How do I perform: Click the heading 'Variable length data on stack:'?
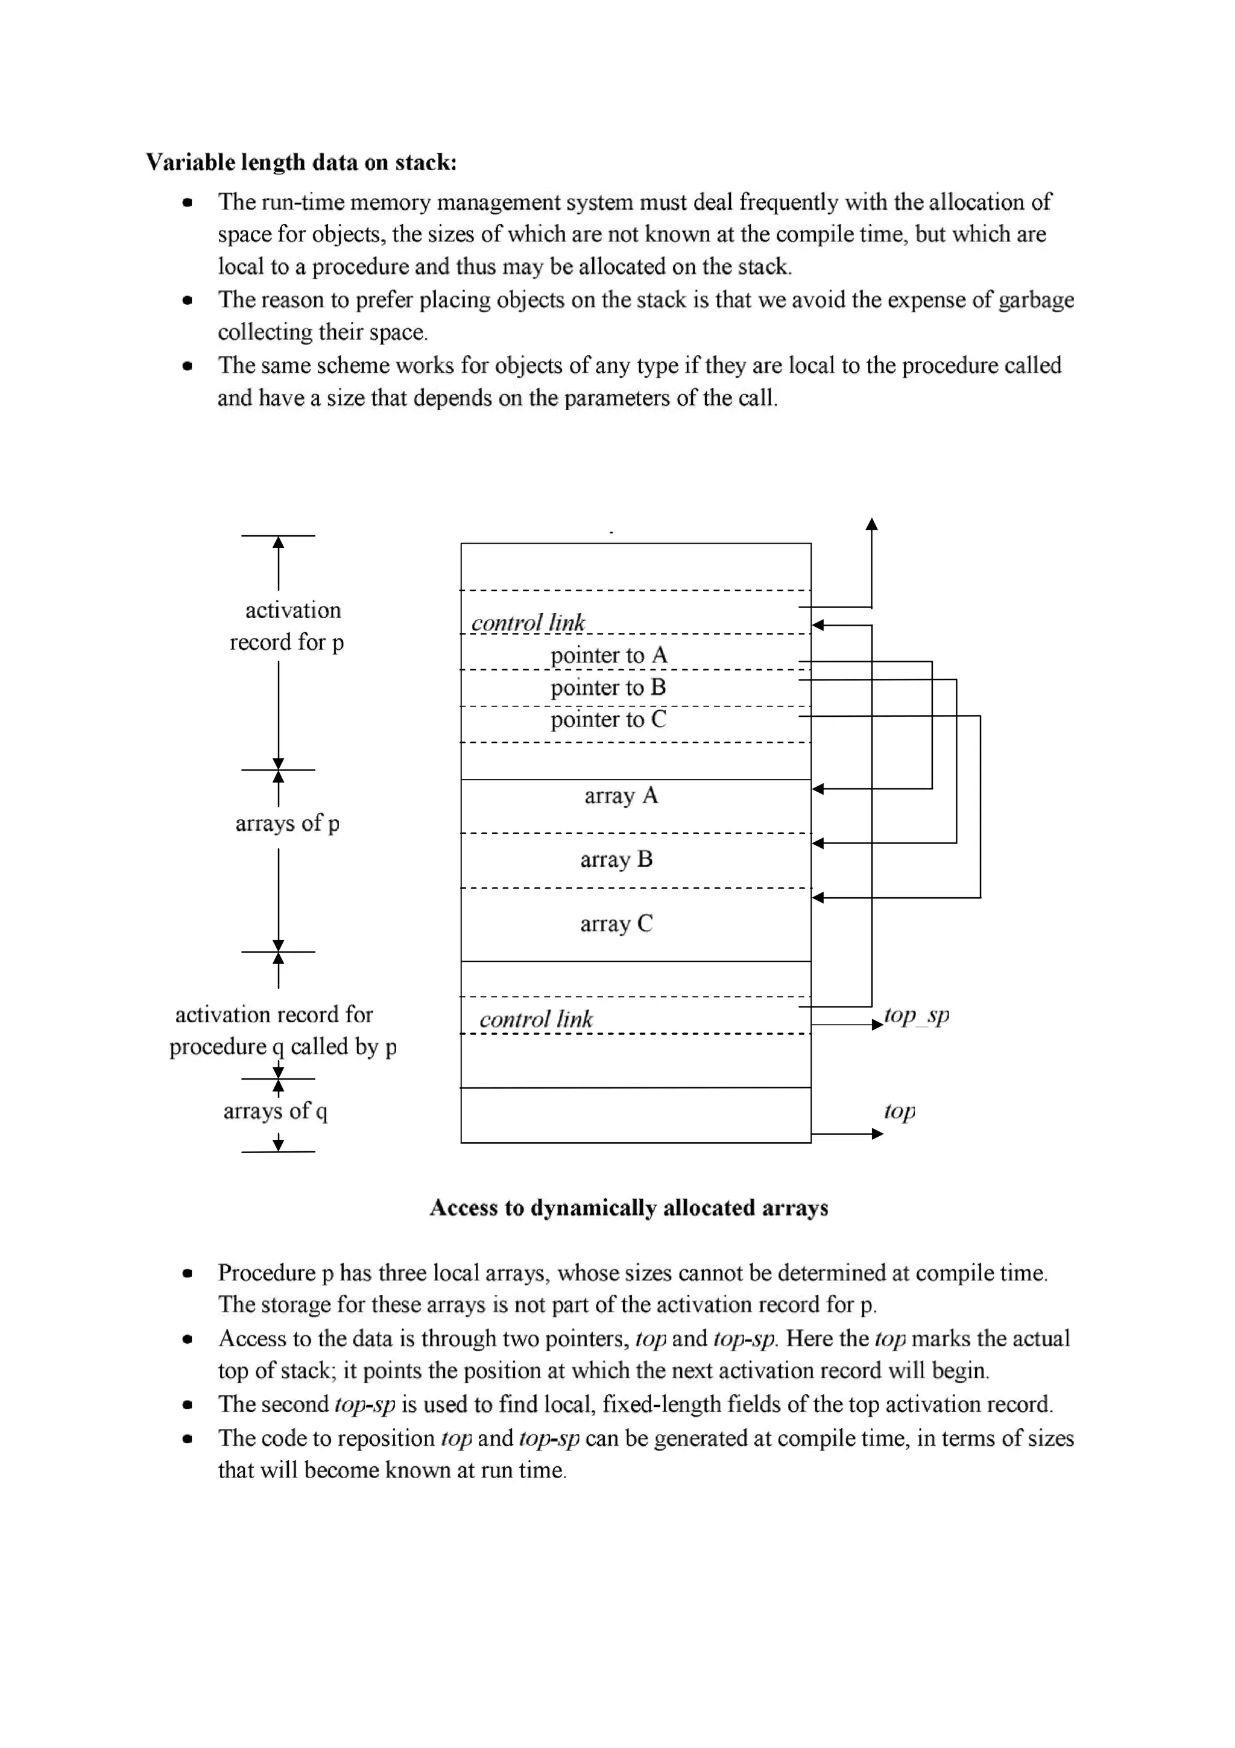[x=302, y=162]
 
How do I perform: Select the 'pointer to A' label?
[x=608, y=655]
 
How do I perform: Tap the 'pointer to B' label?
[x=608, y=687]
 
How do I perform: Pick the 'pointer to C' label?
[x=608, y=719]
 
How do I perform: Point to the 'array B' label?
[x=616, y=860]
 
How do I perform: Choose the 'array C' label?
[x=616, y=924]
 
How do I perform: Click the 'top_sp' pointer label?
[x=916, y=1015]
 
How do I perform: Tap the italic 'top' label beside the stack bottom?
[x=900, y=1111]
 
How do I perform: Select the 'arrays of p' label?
[x=288, y=823]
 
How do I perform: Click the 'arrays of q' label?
[x=276, y=1111]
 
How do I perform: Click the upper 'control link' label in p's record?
[x=528, y=623]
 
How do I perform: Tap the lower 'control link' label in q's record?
[x=535, y=1019]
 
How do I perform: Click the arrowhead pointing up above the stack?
[x=872, y=524]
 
